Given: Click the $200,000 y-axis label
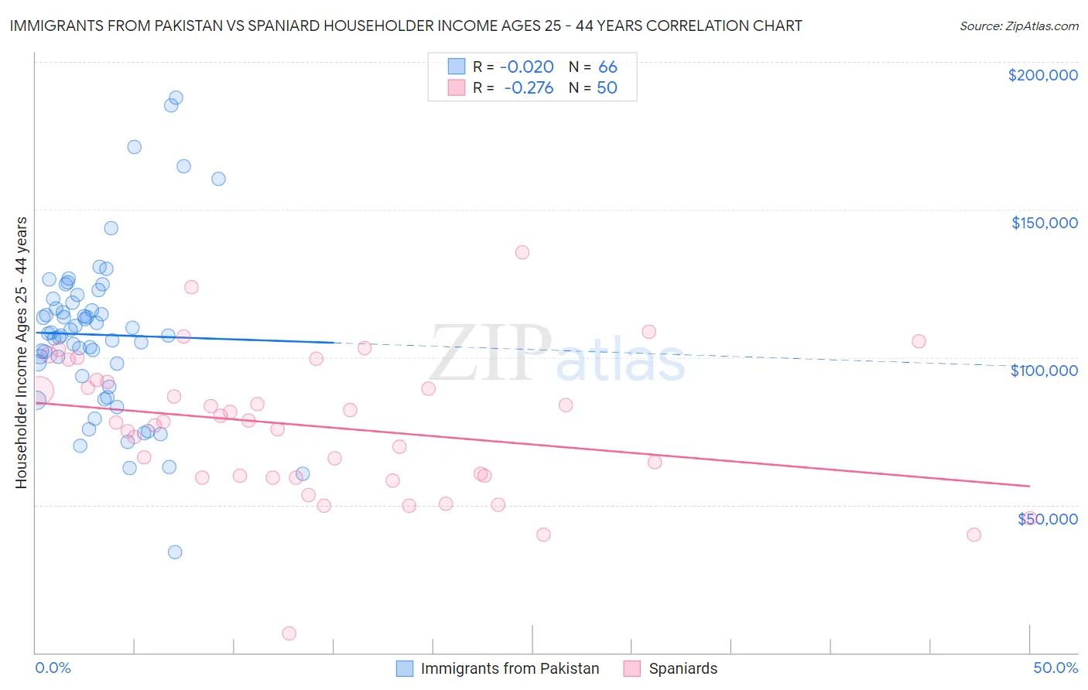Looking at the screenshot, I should point(1042,75).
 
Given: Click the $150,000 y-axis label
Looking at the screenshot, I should point(1044,223).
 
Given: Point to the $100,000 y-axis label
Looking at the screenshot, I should point(1044,371).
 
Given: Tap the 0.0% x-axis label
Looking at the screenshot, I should point(53,668).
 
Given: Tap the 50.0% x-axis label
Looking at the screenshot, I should point(1055,668).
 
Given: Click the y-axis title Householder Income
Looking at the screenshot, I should point(21,352).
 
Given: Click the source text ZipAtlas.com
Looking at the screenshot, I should point(1019,26).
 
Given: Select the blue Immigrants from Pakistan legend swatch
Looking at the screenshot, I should point(405,668).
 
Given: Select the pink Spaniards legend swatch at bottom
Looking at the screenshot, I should point(632,668).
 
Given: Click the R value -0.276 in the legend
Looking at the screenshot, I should point(529,88).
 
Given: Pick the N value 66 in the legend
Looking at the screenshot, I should point(607,67).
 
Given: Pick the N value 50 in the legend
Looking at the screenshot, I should point(607,88).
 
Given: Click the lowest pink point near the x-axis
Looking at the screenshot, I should point(289,633).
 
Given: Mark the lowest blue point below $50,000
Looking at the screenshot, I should point(175,552).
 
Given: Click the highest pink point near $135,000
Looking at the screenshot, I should point(522,252).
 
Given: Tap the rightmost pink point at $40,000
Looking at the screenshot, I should point(974,535).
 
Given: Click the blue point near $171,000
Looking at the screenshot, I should point(134,147).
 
